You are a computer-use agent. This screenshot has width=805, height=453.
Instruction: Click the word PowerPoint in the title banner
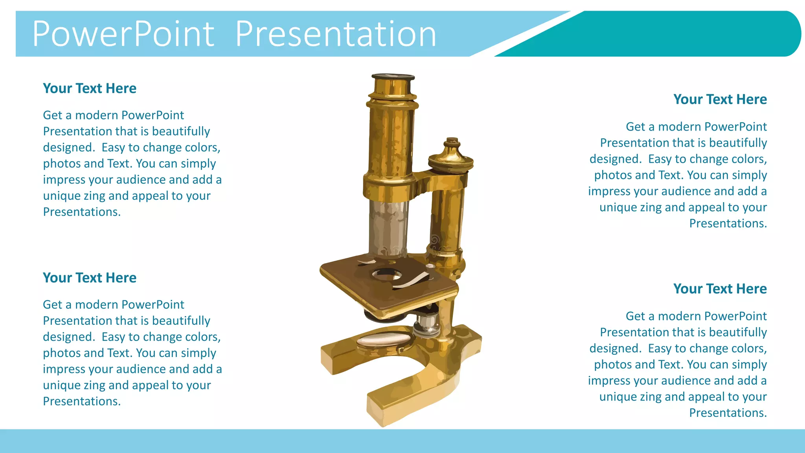coord(123,34)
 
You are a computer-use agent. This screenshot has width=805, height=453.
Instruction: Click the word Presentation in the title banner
coord(336,34)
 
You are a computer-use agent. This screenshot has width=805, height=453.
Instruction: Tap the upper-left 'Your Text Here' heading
coord(90,88)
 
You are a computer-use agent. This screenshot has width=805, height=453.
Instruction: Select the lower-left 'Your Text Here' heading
coord(90,278)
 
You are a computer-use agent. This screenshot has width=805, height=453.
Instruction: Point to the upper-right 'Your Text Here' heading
coord(720,99)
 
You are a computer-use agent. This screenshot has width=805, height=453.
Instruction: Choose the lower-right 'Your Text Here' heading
coord(720,289)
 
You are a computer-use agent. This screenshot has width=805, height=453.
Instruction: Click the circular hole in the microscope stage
coord(387,274)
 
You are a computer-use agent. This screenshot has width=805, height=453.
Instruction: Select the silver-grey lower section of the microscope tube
coord(388,228)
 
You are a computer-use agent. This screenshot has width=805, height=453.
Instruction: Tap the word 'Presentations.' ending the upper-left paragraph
coord(82,212)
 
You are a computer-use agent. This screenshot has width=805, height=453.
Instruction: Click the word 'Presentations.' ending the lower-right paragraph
coord(728,413)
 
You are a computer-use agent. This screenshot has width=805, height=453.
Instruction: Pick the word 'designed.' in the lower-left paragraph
coord(69,337)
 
